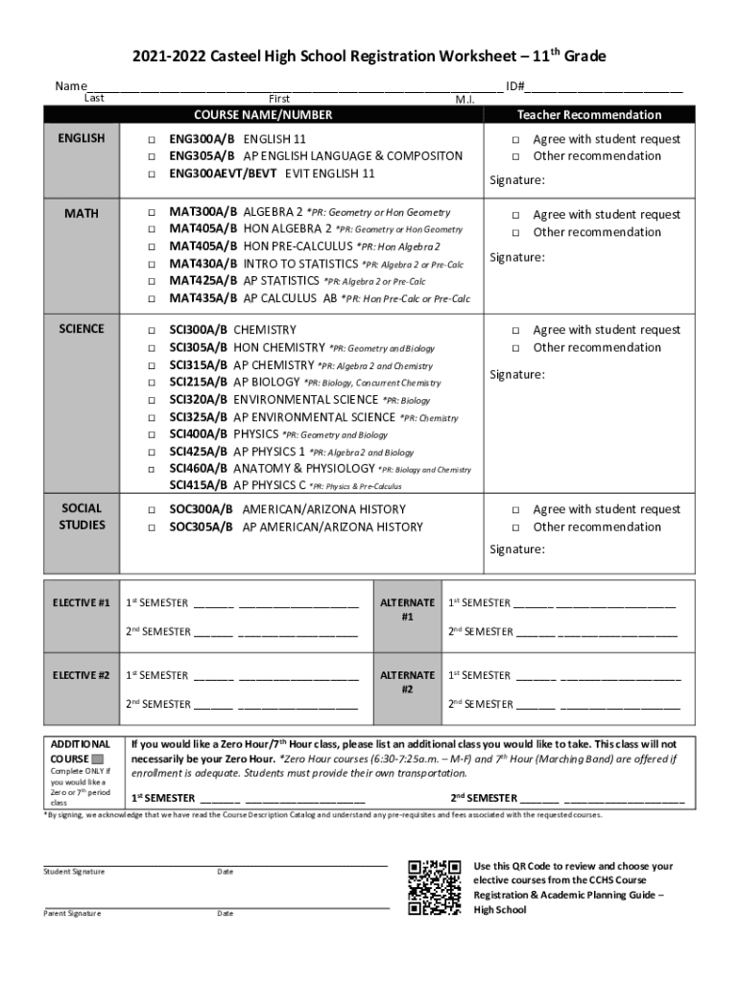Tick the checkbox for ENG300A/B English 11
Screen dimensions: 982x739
coord(151,139)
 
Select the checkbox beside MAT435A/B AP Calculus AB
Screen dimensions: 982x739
coord(151,299)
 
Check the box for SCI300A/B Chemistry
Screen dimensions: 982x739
coord(151,330)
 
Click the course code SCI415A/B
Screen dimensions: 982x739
coord(199,485)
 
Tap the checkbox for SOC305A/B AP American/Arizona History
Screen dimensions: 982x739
coord(151,526)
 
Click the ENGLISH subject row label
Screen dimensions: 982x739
coord(82,138)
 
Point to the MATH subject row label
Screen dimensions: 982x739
coord(82,211)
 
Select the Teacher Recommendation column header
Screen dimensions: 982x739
coord(589,114)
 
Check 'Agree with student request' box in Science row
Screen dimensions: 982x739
coord(515,330)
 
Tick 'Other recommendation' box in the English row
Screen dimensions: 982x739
coord(515,156)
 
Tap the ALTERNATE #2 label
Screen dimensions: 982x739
coord(407,682)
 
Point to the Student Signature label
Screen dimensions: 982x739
coord(74,871)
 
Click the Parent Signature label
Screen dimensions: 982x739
coord(72,913)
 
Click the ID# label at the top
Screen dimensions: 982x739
coord(514,86)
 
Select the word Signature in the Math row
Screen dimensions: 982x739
coord(517,257)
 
